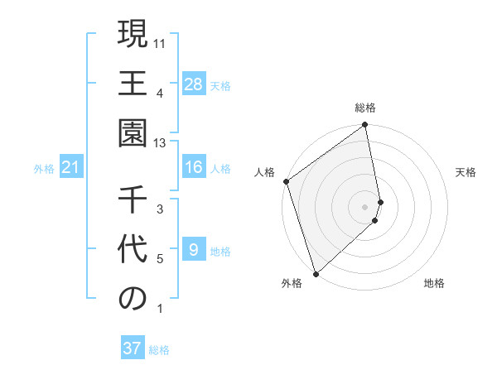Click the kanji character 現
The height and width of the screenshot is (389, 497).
pyautogui.click(x=133, y=36)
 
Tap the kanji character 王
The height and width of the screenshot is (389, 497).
pyautogui.click(x=133, y=85)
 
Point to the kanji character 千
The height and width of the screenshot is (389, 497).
pyautogui.click(x=133, y=201)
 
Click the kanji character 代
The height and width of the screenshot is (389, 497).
pyautogui.click(x=133, y=251)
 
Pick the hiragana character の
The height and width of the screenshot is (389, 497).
pyautogui.click(x=133, y=300)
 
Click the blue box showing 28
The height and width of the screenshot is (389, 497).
pyautogui.click(x=193, y=84)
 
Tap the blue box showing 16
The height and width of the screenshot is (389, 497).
pyautogui.click(x=193, y=168)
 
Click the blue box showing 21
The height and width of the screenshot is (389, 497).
pyautogui.click(x=71, y=168)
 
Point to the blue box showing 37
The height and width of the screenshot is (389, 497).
pyautogui.click(x=133, y=348)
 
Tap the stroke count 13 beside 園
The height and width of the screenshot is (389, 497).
pyautogui.click(x=161, y=143)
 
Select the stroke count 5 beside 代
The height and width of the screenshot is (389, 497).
pyautogui.click(x=160, y=259)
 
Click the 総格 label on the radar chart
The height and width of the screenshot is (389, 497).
pyautogui.click(x=365, y=108)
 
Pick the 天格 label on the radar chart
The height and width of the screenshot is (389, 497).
pyautogui.click(x=466, y=172)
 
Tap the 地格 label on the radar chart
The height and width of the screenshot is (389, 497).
pyautogui.click(x=434, y=283)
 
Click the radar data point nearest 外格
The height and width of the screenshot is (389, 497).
pyautogui.click(x=315, y=274)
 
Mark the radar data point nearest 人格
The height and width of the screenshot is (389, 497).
pyautogui.click(x=286, y=181)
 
